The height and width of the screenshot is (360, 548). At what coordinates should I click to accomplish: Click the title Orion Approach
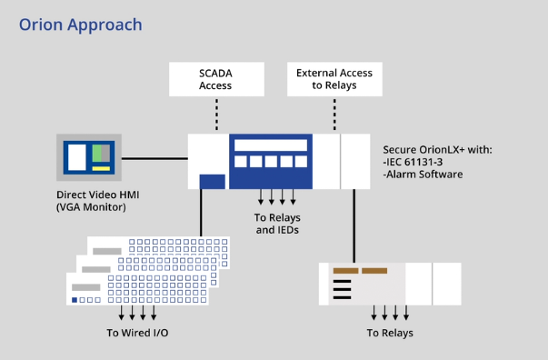pyautogui.click(x=80, y=25)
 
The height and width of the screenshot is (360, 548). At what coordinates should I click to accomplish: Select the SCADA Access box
pyautogui.click(x=215, y=79)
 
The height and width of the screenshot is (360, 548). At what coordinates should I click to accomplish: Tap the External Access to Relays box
pyautogui.click(x=334, y=79)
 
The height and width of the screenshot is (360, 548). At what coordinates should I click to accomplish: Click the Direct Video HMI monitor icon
pyautogui.click(x=89, y=157)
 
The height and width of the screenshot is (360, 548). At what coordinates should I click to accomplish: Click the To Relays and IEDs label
pyautogui.click(x=277, y=224)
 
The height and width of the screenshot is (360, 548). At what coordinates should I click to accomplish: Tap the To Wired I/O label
pyautogui.click(x=137, y=333)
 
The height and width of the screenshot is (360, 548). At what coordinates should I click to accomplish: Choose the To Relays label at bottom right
pyautogui.click(x=390, y=333)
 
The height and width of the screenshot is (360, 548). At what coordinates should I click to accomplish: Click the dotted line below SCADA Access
pyautogui.click(x=216, y=114)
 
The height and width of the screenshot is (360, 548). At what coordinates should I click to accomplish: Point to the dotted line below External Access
pyautogui.click(x=334, y=114)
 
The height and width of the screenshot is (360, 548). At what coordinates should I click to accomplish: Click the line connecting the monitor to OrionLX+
pyautogui.click(x=154, y=158)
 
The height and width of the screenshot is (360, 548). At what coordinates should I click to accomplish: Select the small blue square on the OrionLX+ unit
pyautogui.click(x=212, y=181)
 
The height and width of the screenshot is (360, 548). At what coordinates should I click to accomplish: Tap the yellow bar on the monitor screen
pyautogui.click(x=100, y=168)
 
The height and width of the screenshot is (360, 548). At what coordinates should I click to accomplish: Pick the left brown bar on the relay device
pyautogui.click(x=345, y=270)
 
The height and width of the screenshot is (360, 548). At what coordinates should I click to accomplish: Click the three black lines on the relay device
pyautogui.click(x=341, y=289)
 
